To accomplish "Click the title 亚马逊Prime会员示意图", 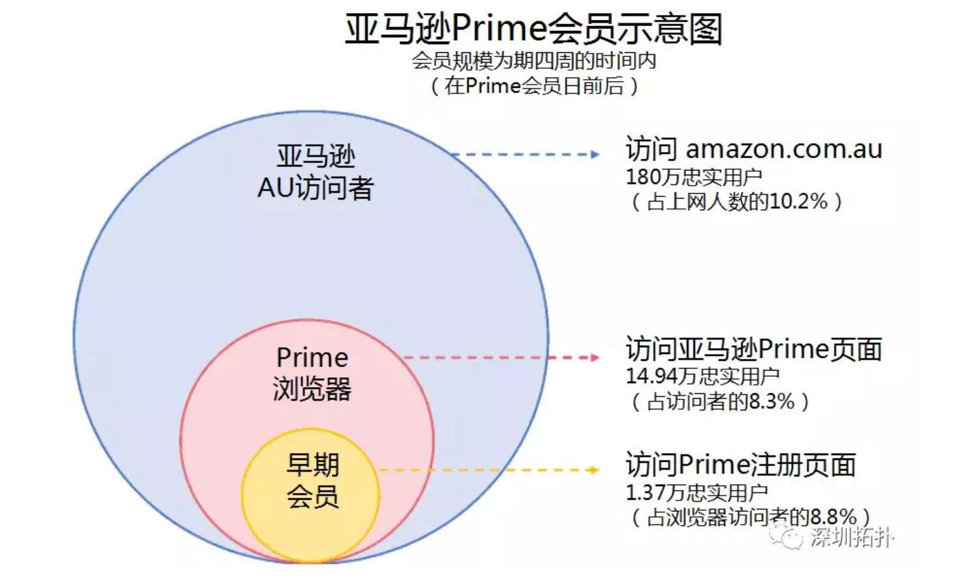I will click(x=533, y=31).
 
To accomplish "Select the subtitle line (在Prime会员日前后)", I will click(x=535, y=87).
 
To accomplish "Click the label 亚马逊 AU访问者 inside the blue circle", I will click(x=316, y=172).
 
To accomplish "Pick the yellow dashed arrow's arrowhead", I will click(x=593, y=470).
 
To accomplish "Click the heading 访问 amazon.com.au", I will click(x=753, y=149).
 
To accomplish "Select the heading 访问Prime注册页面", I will click(x=740, y=464).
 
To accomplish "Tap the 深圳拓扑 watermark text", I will click(x=852, y=538).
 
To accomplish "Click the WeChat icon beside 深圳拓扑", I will click(x=788, y=537).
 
